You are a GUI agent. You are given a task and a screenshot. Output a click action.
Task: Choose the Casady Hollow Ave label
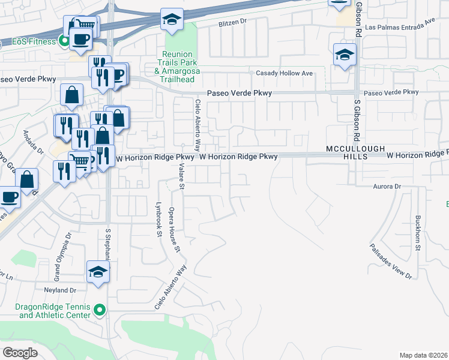coord(285,73)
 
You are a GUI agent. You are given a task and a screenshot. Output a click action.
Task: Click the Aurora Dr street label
coord(385,187)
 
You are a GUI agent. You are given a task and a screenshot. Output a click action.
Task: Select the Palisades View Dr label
coord(391,261)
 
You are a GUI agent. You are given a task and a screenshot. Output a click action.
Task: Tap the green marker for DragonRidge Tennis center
coord(100,311)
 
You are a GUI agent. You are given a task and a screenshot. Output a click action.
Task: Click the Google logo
coord(20,353)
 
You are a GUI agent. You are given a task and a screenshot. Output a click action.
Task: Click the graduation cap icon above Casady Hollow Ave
coord(345,56)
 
